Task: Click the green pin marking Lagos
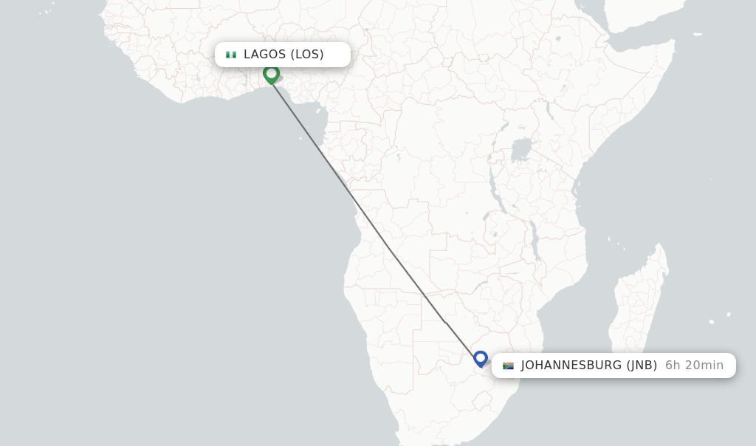click(x=271, y=74)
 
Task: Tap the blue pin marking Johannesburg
click(x=481, y=359)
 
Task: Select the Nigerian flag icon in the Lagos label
click(x=231, y=55)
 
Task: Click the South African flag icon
click(x=508, y=366)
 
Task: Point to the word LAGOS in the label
click(x=264, y=55)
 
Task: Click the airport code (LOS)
click(x=307, y=55)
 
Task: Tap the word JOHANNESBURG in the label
click(x=571, y=366)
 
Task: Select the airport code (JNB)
click(x=642, y=366)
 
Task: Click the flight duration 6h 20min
click(x=694, y=366)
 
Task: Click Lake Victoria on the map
click(x=522, y=150)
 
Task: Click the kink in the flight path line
click(x=445, y=322)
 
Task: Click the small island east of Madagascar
click(x=711, y=322)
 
